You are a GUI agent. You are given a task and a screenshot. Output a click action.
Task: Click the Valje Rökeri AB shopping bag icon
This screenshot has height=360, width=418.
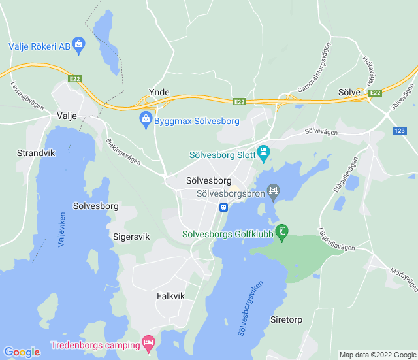coord(79,45)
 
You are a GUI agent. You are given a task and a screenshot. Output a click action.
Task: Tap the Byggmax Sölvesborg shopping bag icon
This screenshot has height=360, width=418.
coord(146,120)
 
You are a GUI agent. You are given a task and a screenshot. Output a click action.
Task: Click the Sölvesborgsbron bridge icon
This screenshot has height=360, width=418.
coord(273,191)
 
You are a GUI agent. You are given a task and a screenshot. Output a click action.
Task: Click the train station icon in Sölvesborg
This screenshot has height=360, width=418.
coord(224,207)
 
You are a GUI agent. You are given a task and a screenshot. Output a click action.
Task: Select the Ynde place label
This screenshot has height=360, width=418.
coord(159,92)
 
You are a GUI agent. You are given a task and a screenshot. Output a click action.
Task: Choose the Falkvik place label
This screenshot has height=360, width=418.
coord(171,296)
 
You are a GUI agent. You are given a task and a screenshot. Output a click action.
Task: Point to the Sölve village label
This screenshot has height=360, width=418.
coord(349,93)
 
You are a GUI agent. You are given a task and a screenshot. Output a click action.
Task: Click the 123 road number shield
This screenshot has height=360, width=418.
coord(399,132)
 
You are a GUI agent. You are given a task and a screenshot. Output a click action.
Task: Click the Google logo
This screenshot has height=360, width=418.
coord(22,352)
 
